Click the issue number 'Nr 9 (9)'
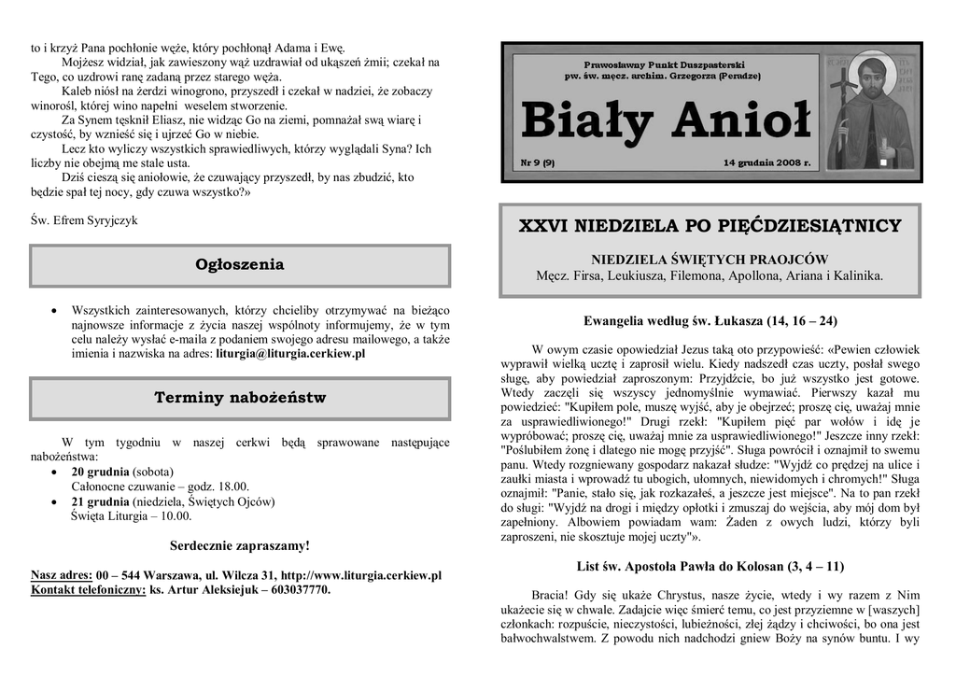539,162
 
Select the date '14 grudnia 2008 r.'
766,162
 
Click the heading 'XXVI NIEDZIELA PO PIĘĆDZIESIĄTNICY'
710,226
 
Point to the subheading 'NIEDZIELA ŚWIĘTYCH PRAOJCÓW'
710,259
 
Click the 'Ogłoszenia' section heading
240,265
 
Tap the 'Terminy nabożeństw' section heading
240,399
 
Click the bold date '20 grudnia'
100,472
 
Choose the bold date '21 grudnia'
100,501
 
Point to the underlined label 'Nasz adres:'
62,575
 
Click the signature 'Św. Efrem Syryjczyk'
84,220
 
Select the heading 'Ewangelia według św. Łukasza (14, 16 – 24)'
710,321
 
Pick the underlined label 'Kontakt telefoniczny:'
89,590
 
